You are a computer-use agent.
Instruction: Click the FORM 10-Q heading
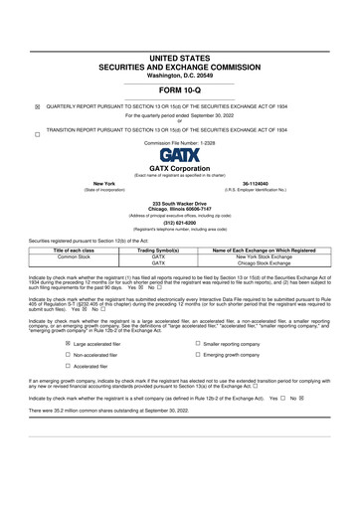(x=180, y=90)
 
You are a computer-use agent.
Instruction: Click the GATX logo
(x=179, y=155)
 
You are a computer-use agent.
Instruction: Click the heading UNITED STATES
(x=180, y=59)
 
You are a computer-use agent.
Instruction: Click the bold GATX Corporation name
(x=180, y=169)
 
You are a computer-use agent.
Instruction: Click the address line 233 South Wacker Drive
(x=180, y=203)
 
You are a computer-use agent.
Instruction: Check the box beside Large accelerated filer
(x=68, y=343)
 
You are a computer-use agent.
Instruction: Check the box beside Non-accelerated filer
(x=68, y=355)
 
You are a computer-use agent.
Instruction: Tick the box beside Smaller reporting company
(x=199, y=343)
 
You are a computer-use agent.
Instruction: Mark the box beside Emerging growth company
(x=199, y=355)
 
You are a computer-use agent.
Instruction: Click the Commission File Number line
(x=180, y=143)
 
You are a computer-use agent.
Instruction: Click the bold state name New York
(x=103, y=184)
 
